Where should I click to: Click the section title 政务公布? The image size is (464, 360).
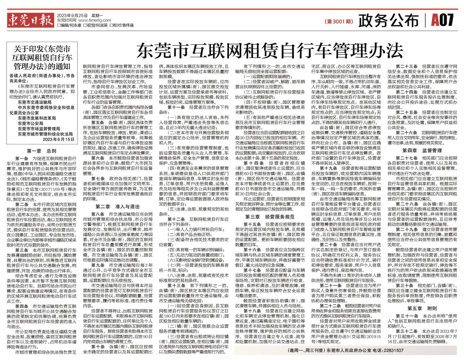pos(389,21)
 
